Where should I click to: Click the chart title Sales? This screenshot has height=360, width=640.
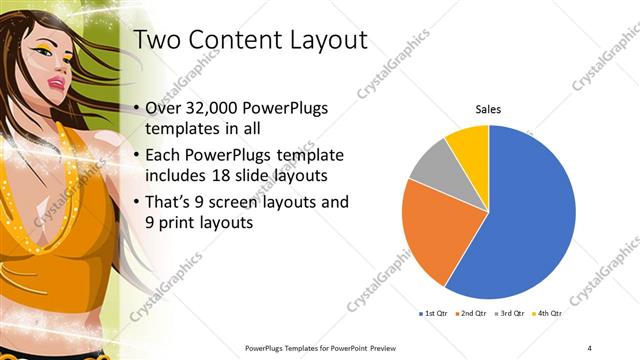[488, 109]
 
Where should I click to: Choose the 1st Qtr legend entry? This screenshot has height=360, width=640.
[436, 314]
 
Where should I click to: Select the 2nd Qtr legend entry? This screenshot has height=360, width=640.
[472, 314]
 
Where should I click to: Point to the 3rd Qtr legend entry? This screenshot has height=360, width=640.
[508, 314]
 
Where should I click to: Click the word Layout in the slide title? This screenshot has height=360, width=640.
[319, 40]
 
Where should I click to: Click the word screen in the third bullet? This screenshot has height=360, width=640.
[248, 202]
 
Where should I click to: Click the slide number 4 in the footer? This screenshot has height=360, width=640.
[590, 347]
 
